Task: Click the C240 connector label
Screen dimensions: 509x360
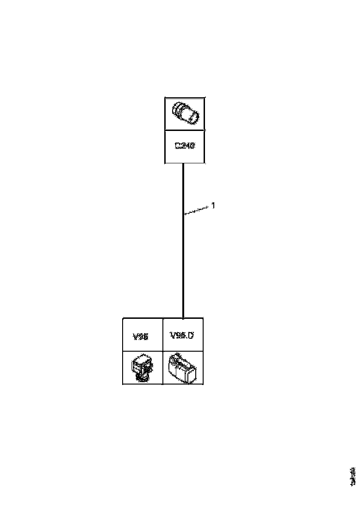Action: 185,146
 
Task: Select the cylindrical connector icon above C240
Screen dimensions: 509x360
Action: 185,113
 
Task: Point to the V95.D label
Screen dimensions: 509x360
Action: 181,335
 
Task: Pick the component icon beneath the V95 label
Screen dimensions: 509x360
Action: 143,368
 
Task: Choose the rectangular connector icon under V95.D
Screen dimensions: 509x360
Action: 183,368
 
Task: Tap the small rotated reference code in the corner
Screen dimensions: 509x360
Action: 353,477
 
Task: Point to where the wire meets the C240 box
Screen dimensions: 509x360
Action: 184,164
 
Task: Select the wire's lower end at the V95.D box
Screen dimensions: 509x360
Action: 184,317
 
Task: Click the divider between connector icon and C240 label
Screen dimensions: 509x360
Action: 185,130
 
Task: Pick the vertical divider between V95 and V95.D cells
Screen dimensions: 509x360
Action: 163,351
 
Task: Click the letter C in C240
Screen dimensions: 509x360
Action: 178,146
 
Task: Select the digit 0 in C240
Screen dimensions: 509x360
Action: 192,146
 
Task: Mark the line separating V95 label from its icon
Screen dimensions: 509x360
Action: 143,351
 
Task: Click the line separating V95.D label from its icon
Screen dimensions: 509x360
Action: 183,351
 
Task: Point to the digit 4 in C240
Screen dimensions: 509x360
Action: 187,146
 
